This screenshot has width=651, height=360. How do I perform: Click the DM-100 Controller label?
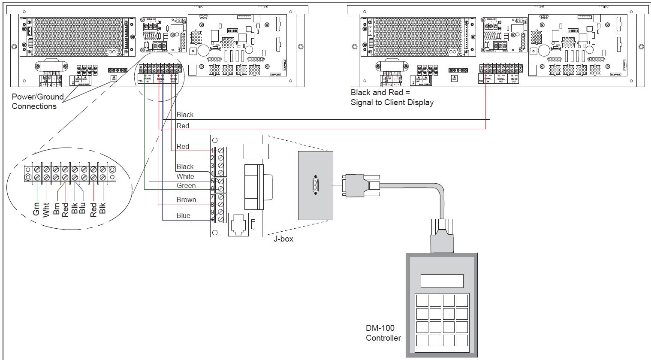[x=383, y=333]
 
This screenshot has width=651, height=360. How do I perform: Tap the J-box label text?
[x=283, y=239]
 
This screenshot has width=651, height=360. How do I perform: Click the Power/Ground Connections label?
[x=37, y=102]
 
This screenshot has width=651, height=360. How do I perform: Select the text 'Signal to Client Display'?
[x=392, y=103]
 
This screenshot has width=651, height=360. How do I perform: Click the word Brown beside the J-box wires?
[x=186, y=200]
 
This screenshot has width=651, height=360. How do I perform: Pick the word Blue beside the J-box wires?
[x=183, y=216]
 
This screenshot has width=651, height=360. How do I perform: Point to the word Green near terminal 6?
[x=186, y=186]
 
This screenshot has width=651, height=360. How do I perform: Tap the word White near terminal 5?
[x=185, y=177]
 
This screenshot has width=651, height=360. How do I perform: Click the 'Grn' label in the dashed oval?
[x=36, y=209]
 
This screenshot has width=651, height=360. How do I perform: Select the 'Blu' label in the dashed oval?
[x=82, y=208]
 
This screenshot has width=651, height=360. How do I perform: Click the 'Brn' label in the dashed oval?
[x=56, y=209]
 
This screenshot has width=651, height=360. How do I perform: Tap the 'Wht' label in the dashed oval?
[x=46, y=209]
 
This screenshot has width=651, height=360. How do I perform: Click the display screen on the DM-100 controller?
[x=442, y=281]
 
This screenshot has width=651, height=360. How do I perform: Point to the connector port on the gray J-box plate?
[x=316, y=185]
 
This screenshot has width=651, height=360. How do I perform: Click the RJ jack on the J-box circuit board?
[x=238, y=224]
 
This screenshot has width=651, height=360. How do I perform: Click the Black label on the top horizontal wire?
[x=185, y=115]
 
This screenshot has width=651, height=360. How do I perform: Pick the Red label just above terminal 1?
[x=183, y=147]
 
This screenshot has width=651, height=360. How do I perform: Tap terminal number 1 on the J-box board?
[x=212, y=151]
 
